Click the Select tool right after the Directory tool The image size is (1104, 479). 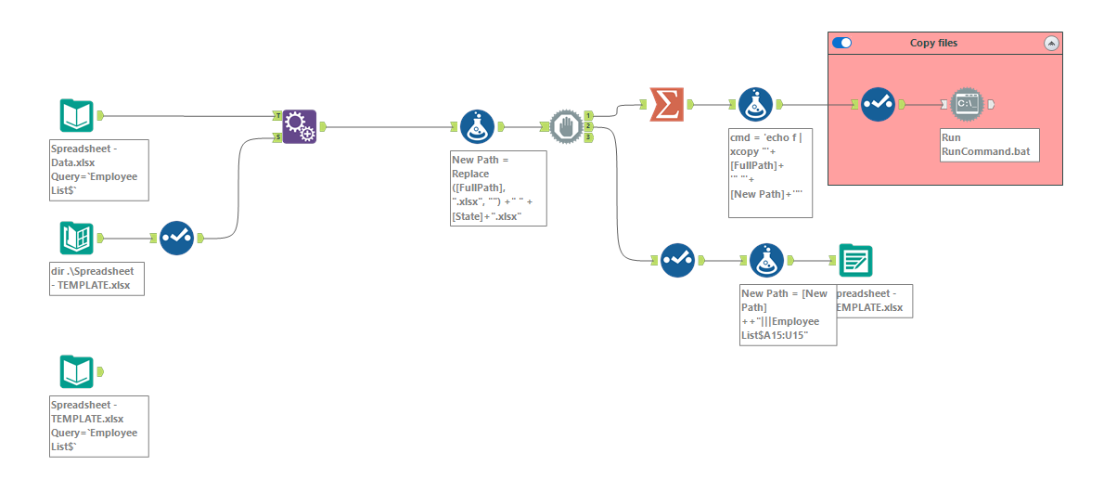(x=175, y=238)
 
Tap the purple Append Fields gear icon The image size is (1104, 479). (x=300, y=125)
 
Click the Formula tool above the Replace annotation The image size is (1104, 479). (x=477, y=127)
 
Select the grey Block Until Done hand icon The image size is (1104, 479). (x=566, y=127)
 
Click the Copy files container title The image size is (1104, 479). (x=933, y=43)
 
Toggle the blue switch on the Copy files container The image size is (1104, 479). (x=842, y=43)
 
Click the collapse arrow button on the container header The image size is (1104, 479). (x=1050, y=43)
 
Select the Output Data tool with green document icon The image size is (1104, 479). (x=854, y=261)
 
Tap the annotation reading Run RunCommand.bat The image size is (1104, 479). (x=987, y=143)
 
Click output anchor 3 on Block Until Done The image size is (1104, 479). (x=588, y=138)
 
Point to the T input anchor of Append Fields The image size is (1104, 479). (x=277, y=116)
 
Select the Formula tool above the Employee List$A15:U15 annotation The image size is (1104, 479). (x=765, y=261)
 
